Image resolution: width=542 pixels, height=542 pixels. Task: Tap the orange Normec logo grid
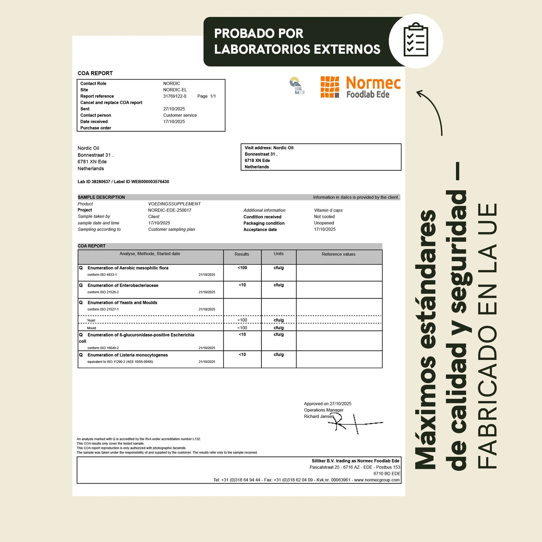tap(330, 87)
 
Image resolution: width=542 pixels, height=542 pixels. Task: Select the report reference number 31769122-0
tap(175, 96)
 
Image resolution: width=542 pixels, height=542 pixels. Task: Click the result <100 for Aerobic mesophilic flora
tap(242, 268)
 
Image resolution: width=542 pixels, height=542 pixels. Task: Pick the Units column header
tap(279, 254)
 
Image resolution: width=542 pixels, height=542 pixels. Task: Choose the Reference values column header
tap(338, 254)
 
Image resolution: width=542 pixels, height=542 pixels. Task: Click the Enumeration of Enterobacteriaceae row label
tap(123, 285)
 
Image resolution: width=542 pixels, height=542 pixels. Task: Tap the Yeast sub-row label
tap(91, 321)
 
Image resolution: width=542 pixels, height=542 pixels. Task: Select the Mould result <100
tap(242, 328)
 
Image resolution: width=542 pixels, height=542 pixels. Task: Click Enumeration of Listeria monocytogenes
tap(128, 355)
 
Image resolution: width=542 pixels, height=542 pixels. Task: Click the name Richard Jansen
tap(319, 417)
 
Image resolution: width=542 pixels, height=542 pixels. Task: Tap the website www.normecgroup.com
tap(377, 480)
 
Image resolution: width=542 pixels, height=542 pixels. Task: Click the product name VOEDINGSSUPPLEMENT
tap(174, 204)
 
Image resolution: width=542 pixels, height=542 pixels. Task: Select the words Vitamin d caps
tap(328, 210)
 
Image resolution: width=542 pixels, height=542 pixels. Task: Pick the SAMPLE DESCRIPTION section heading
tap(101, 197)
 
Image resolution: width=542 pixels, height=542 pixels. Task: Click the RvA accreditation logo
tap(297, 86)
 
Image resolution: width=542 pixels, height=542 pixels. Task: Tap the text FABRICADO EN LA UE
tap(487, 336)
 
